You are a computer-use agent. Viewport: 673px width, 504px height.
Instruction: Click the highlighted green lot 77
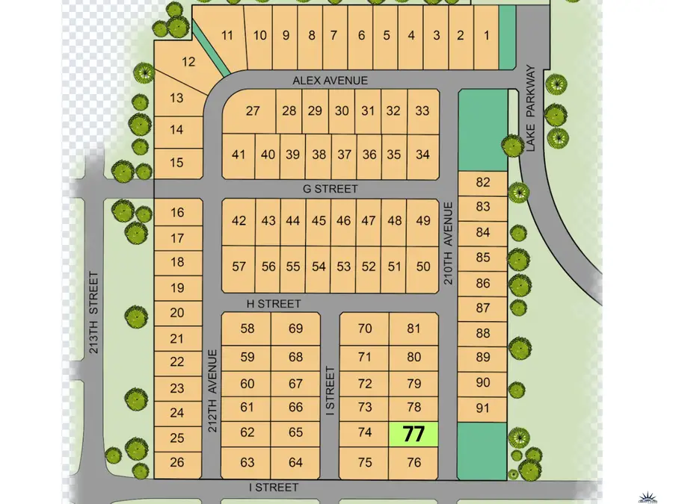point(414,435)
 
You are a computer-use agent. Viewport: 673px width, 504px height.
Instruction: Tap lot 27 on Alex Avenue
point(252,111)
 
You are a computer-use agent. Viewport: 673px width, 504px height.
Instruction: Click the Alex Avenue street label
point(330,80)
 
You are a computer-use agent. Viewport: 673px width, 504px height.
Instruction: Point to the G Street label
point(330,189)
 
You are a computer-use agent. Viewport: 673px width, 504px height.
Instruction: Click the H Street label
point(274,304)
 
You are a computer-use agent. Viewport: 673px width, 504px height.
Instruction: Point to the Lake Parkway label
point(531,108)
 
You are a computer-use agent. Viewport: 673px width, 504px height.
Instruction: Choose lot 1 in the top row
point(486,35)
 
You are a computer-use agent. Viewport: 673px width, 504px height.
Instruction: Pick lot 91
point(482,408)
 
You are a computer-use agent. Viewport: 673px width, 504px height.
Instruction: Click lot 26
point(177,463)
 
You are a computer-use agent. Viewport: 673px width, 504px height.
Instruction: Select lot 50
point(423,267)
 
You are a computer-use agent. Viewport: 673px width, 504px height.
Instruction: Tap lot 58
point(248,329)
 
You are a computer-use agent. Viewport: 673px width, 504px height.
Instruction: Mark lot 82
point(482,182)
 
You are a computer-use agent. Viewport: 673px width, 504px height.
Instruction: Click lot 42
point(239,220)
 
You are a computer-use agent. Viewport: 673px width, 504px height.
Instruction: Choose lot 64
point(295,463)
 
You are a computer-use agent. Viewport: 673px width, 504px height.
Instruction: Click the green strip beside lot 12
point(212,52)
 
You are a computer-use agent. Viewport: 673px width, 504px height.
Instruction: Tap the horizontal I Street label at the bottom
point(274,488)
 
